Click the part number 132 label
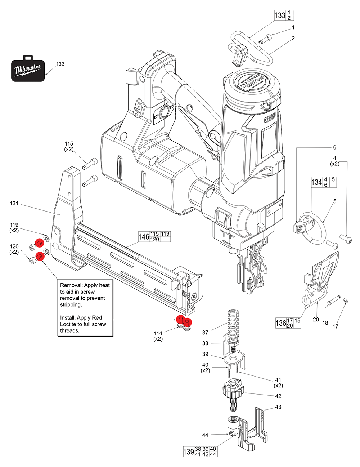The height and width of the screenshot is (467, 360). pos(60,64)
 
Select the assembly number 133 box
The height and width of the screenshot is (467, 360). pos(280,15)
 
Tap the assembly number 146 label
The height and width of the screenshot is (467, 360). pos(144,237)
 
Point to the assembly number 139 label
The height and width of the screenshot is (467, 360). pos(188,452)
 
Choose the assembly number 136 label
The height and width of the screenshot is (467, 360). pos(281,323)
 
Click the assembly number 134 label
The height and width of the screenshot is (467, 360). pos(316,182)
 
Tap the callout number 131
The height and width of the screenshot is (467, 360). pos(14,204)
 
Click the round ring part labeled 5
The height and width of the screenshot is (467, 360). pos(313,230)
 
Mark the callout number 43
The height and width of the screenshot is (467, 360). pos(278,407)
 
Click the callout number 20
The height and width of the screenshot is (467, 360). pos(316,319)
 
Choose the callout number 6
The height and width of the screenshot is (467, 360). pos(334,147)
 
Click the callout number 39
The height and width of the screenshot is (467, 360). pos(205,354)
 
